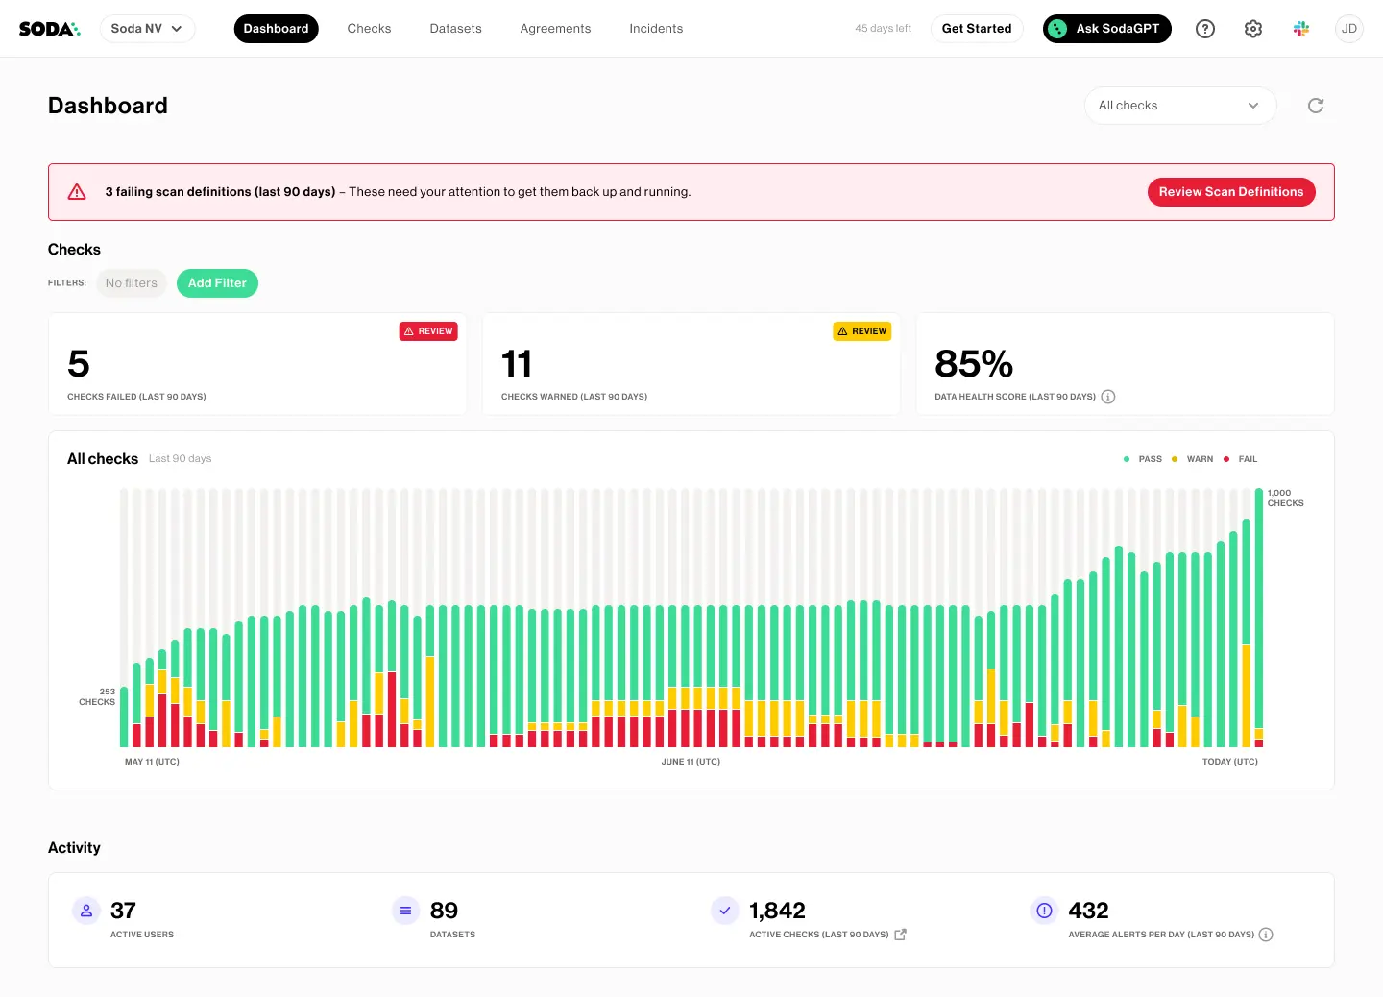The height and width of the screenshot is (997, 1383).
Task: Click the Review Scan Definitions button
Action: (x=1230, y=192)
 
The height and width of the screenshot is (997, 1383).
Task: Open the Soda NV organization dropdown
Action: (x=147, y=29)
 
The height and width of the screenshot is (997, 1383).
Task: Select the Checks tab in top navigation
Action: (x=369, y=29)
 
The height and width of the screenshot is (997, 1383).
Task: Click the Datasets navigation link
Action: (x=455, y=29)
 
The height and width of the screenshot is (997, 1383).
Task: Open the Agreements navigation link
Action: (x=555, y=29)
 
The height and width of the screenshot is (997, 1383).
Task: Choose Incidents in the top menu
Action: (x=656, y=29)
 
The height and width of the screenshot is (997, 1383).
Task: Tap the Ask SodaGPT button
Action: (x=1106, y=29)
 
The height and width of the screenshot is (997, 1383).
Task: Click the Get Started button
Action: (x=976, y=29)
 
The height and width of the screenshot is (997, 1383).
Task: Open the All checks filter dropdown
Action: (x=1179, y=106)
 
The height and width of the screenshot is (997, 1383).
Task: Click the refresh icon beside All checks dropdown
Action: (x=1316, y=106)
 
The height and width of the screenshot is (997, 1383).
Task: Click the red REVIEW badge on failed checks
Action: (x=428, y=331)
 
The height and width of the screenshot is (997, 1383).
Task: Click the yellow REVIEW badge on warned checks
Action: (x=861, y=331)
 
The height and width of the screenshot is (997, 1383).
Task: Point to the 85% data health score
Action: (x=973, y=364)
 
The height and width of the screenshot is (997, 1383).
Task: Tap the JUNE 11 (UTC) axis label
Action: (x=691, y=762)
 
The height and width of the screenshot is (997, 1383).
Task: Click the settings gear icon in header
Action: (x=1253, y=29)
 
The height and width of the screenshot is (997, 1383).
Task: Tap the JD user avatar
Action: (x=1349, y=29)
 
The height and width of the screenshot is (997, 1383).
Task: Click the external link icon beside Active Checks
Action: (x=900, y=935)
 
